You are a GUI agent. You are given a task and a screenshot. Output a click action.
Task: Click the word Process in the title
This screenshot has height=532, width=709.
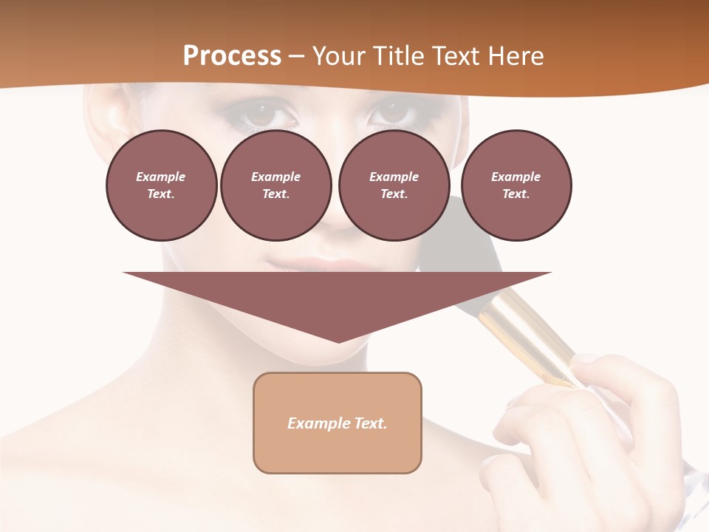click(232, 56)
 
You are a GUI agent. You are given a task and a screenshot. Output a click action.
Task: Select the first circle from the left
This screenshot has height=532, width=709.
click(161, 185)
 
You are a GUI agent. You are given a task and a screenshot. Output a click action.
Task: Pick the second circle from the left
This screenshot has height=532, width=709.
click(275, 185)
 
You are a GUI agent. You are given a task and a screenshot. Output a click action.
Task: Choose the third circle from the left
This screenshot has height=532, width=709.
click(394, 185)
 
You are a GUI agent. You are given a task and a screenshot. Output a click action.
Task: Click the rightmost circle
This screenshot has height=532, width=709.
click(516, 185)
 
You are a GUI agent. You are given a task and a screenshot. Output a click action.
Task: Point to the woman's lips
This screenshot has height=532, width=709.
click(310, 263)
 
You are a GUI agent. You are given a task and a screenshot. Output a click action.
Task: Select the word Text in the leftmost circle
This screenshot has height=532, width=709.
click(160, 194)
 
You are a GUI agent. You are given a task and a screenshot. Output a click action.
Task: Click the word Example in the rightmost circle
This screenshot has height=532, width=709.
click(516, 177)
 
